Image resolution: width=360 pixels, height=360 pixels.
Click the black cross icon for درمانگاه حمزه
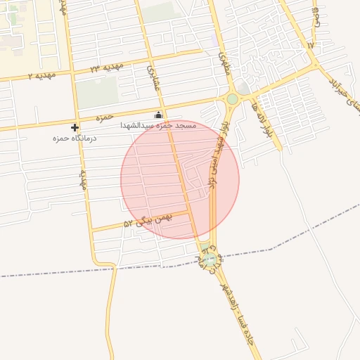pyautogui.click(x=75, y=127)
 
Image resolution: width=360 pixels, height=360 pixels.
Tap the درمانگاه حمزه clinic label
pyautogui.click(x=75, y=139)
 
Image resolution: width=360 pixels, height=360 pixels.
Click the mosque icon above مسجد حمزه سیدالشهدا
pyautogui.click(x=159, y=115)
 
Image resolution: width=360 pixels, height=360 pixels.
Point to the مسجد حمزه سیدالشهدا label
pyautogui.click(x=157, y=124)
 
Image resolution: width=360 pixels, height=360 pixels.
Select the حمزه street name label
pyautogui.click(x=105, y=117)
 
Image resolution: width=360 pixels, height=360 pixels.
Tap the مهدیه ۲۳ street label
pyautogui.click(x=105, y=67)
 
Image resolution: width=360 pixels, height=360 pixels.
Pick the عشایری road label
pyautogui.click(x=153, y=78)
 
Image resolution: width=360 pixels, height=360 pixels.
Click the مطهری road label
pyautogui.click(x=224, y=64)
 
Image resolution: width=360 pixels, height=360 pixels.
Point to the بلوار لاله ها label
pyautogui.click(x=266, y=120)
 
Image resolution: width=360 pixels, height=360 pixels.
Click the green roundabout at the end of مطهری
pyautogui.click(x=232, y=99)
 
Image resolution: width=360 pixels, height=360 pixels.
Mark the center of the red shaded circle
pyautogui.click(x=180, y=179)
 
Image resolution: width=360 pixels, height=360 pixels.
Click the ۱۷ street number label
pyautogui.click(x=311, y=45)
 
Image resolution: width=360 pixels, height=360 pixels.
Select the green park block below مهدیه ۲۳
pyautogui.click(x=96, y=92)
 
